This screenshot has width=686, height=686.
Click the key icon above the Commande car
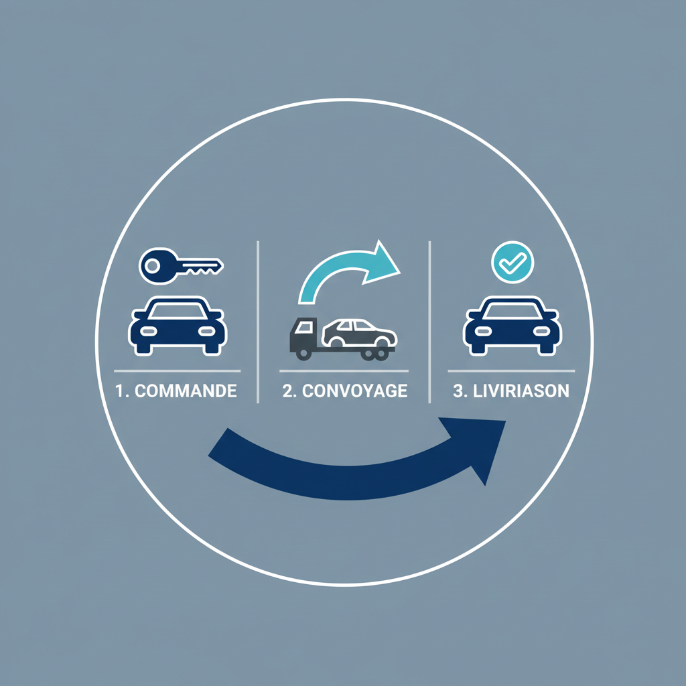coord(181,266)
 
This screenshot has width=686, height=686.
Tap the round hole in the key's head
coord(152,265)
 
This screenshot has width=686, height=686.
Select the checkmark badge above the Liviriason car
coord(512,262)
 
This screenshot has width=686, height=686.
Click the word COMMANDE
coord(186,391)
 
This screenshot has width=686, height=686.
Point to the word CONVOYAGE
coord(354,391)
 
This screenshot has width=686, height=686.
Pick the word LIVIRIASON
coord(521,391)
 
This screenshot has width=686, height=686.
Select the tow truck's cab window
coord(303,327)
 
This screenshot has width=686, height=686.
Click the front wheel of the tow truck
coord(303,353)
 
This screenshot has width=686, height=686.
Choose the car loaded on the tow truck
coord(359,333)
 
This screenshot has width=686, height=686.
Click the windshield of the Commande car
coord(178,311)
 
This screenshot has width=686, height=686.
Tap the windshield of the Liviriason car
coord(512,311)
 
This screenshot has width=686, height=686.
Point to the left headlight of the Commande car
coord(148,332)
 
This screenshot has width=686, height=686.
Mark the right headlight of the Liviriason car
coord(541,332)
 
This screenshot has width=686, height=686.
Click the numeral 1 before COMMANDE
coord(119,391)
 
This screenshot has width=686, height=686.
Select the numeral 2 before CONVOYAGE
coord(287,391)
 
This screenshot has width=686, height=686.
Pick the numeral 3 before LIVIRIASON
coord(458,391)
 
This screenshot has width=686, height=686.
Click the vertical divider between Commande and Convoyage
coord(258,322)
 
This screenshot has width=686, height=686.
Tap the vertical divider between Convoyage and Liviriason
coord(429,322)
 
